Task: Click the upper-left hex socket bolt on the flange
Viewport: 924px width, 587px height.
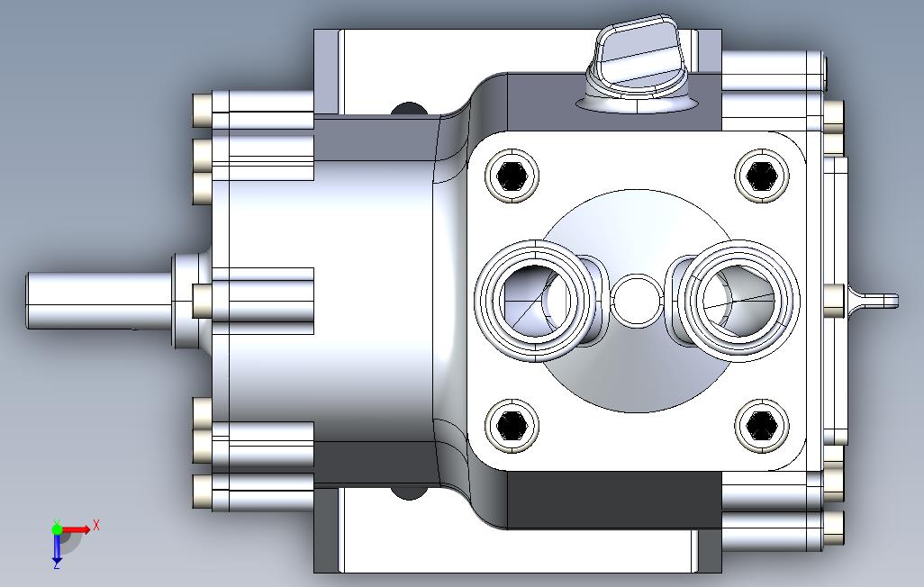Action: (512, 175)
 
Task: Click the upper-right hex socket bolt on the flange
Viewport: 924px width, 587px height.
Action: (761, 175)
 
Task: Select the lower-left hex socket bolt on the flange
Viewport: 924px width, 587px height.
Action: (512, 426)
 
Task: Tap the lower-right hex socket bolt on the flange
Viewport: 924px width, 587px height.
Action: (761, 426)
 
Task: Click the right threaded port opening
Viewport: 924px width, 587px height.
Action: (738, 300)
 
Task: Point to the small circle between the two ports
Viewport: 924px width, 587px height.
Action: (637, 300)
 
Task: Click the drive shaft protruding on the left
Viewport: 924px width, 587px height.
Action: (100, 301)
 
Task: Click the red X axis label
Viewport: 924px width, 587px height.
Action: (96, 525)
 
